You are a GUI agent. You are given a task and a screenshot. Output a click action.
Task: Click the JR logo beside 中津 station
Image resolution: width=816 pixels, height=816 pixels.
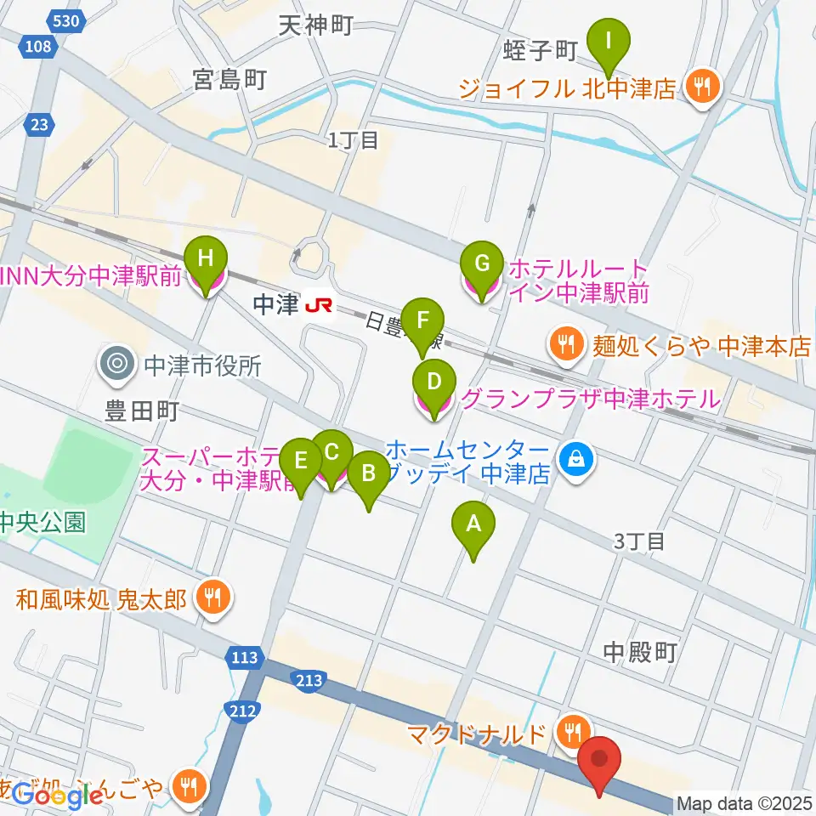point(319,303)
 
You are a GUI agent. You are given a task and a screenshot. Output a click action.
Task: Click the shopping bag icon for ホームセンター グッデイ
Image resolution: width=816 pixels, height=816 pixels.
point(577,461)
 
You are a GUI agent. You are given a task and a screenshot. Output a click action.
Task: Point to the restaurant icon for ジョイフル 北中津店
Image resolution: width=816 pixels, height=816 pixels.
point(701,85)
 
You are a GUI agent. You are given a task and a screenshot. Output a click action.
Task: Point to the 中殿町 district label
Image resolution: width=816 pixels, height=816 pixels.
point(640,652)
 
